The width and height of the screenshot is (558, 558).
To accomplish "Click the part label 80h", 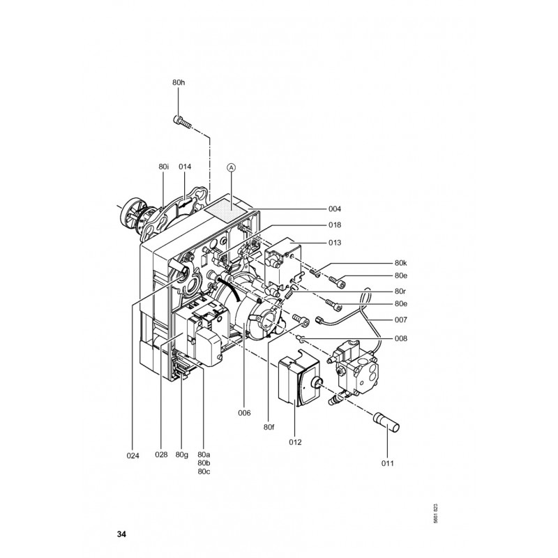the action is click(x=179, y=82).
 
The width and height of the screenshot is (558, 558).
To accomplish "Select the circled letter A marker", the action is click(x=232, y=167).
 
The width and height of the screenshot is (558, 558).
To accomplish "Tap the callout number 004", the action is click(x=335, y=209).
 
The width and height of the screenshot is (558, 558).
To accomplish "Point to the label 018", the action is click(x=335, y=225).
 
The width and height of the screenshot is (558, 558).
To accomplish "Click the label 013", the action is click(x=335, y=243).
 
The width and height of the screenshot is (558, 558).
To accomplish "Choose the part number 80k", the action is click(x=400, y=263).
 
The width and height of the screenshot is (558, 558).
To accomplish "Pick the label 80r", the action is click(x=400, y=291).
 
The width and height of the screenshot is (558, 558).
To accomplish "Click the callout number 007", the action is click(x=400, y=320).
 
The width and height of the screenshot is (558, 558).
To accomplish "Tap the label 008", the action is click(x=400, y=338).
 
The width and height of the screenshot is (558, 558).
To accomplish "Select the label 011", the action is click(x=388, y=463).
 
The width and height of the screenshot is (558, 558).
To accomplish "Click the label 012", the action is click(x=295, y=442).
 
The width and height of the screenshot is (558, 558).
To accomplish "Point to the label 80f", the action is click(x=269, y=427).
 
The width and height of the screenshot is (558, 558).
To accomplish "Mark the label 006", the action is click(x=245, y=413).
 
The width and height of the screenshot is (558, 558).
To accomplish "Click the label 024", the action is click(x=133, y=455).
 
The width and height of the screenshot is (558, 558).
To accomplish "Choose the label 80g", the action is click(x=182, y=455).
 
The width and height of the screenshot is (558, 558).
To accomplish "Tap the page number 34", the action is click(x=121, y=534).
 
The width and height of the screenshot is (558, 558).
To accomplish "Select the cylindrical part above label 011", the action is click(x=386, y=423).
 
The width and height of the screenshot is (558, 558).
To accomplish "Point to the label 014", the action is click(x=185, y=167).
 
